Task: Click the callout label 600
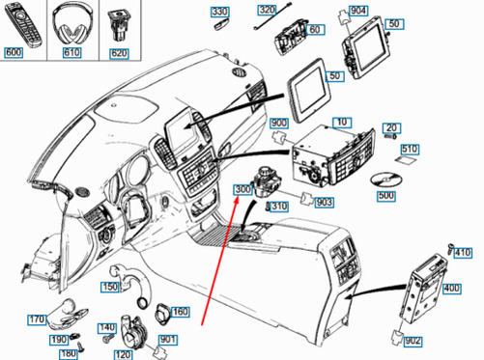(14, 52)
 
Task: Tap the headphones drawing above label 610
(71, 23)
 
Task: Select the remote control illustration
(23, 26)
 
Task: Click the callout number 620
(120, 53)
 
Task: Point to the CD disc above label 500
(385, 180)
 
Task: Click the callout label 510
(410, 150)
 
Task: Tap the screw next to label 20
(390, 136)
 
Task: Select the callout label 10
(342, 123)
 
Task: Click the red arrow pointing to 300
(220, 262)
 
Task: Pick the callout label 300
(243, 190)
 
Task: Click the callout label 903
(324, 203)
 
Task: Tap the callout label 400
(452, 289)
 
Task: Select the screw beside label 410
(449, 248)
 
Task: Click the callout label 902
(413, 341)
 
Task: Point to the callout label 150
(110, 287)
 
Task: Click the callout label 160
(181, 312)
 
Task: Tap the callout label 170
(37, 319)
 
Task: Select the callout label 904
(358, 11)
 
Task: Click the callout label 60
(315, 30)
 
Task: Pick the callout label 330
(220, 12)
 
